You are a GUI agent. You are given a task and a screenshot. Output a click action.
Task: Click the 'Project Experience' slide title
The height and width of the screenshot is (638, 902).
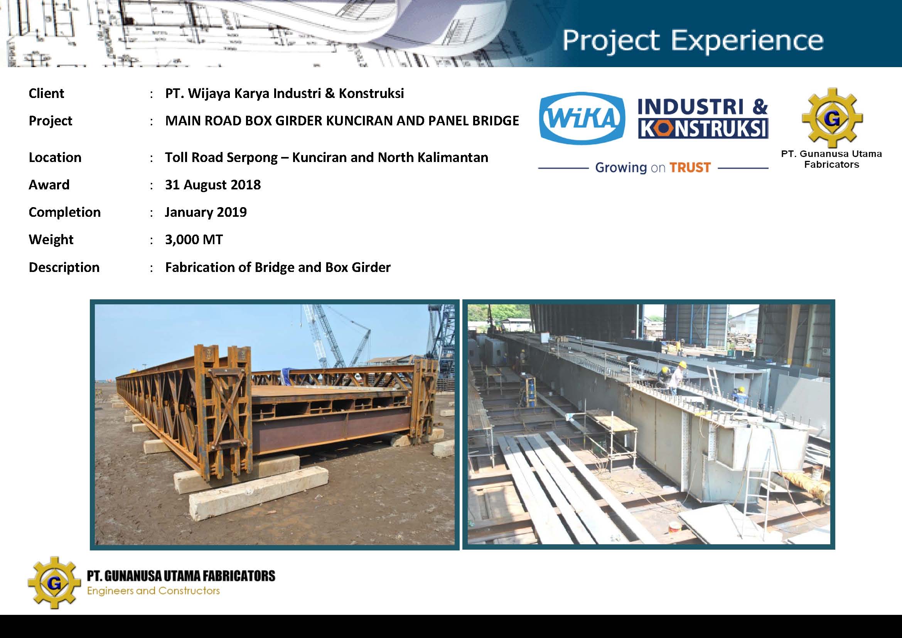(x=693, y=41)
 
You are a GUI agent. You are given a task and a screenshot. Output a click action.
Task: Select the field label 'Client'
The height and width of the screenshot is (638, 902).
(x=46, y=93)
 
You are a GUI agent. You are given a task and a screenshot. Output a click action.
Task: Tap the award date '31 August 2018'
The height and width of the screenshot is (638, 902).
(x=213, y=185)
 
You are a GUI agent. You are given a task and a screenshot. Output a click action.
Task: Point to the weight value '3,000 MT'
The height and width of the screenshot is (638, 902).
(x=194, y=240)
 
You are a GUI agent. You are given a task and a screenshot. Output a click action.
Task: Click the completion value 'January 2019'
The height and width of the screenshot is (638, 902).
(x=206, y=212)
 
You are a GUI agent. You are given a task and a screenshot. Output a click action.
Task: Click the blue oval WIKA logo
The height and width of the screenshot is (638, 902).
(x=582, y=118)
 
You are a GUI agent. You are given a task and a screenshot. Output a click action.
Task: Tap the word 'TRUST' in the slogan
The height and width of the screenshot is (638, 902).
(x=690, y=168)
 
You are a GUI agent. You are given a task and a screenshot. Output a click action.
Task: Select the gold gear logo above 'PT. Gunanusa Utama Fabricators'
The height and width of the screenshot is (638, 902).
(x=832, y=118)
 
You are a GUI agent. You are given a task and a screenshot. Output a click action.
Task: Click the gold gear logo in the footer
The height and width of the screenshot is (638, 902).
(x=54, y=582)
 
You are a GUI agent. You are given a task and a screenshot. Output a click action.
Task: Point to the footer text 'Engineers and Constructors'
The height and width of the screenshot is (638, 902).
(x=153, y=591)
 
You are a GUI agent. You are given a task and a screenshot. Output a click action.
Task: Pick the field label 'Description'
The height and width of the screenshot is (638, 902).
(x=64, y=268)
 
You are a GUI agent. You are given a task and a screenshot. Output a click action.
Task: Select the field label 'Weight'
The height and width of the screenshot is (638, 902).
(x=51, y=240)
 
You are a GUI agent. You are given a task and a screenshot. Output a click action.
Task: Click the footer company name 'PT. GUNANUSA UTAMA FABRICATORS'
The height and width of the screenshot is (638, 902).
(x=181, y=576)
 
